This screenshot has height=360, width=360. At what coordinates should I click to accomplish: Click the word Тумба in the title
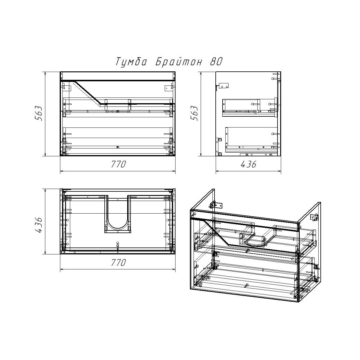tap(131, 61)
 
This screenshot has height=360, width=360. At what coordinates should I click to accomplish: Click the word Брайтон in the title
tap(178, 61)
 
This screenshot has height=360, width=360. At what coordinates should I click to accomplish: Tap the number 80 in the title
tap(216, 61)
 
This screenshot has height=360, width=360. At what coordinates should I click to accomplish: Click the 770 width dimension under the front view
tap(118, 164)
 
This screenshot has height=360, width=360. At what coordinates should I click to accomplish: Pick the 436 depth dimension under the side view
tap(248, 164)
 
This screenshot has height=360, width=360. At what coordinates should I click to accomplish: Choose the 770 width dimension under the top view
tap(118, 262)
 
